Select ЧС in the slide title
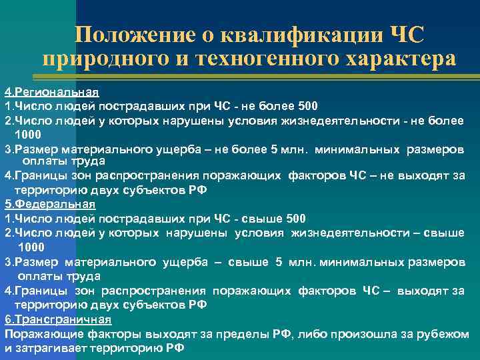tap(405, 34)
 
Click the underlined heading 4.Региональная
tap(52, 91)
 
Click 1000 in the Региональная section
tap(29, 133)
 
